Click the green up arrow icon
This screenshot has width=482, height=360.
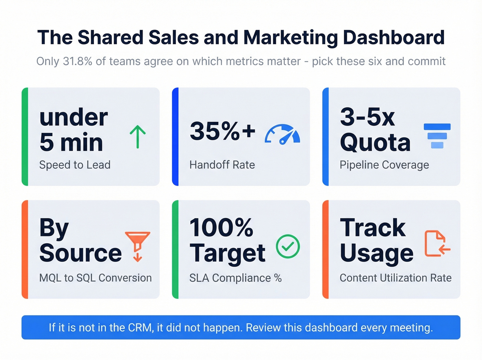coord(138,137)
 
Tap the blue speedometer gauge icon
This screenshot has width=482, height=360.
coord(282,134)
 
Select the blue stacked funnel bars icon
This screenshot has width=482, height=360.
coord(437,136)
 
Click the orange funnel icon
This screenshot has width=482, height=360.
coord(137,246)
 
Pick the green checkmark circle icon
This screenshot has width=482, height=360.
coord(288,246)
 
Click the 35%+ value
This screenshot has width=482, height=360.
coord(222,131)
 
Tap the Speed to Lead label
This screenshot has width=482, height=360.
coord(75,165)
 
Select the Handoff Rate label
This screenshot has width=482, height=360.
coord(222,165)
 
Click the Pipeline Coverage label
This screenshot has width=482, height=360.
coord(384,165)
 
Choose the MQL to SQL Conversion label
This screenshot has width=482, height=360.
coord(95,278)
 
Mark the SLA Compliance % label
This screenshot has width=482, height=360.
coord(235,278)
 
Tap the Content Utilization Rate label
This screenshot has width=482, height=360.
coord(396,278)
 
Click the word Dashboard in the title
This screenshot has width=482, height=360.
coord(394,38)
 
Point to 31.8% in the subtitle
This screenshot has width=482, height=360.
coord(77,61)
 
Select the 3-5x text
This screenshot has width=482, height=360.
coord(367,117)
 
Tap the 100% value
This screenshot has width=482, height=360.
coord(221,228)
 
